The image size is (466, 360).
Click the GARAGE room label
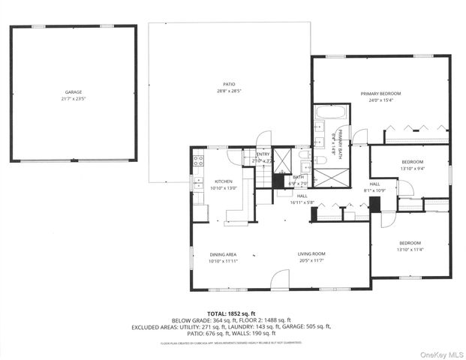(73, 92)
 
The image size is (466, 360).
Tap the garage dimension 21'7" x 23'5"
(73, 99)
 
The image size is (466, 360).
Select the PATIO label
(229, 84)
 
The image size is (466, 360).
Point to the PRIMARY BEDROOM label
(380, 93)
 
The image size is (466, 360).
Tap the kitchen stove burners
(199, 158)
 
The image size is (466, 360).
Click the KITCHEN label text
(224, 181)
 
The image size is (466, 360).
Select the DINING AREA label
(222, 255)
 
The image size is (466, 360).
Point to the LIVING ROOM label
(311, 255)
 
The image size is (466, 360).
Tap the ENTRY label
(263, 154)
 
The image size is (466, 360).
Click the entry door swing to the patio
(263, 139)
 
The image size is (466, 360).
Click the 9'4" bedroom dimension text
(412, 169)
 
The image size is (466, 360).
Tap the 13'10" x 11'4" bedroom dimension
(410, 250)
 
